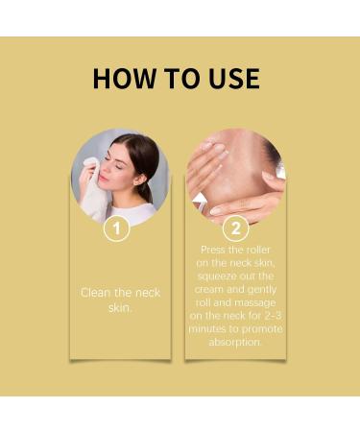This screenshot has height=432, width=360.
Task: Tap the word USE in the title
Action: [x=228, y=79]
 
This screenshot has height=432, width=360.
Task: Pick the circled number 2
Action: [x=234, y=229]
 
